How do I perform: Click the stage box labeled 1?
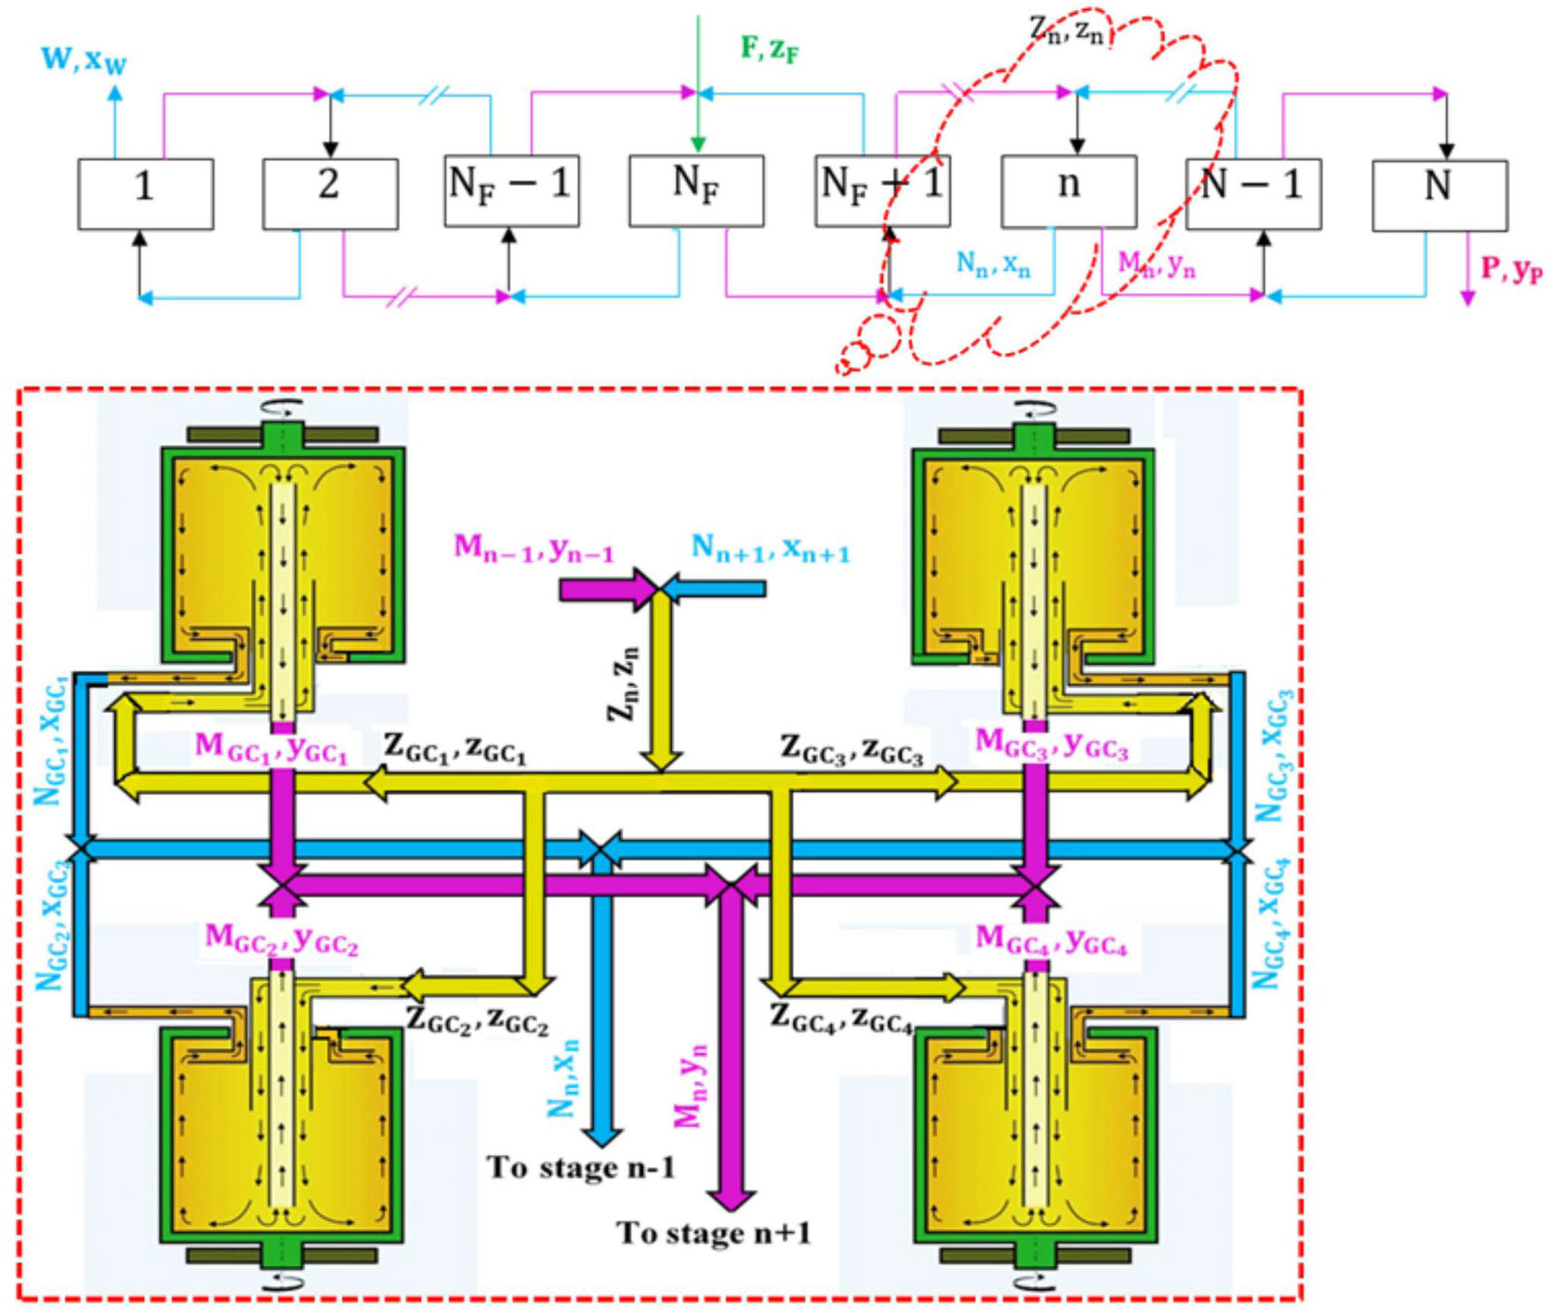pyautogui.click(x=145, y=194)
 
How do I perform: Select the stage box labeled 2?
pyautogui.click(x=330, y=194)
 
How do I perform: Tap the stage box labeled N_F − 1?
pyautogui.click(x=511, y=191)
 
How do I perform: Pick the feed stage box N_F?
pyautogui.click(x=696, y=191)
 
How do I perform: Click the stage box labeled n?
pyautogui.click(x=1068, y=191)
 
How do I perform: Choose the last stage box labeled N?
pyautogui.click(x=1439, y=194)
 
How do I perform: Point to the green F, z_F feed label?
pyautogui.click(x=769, y=50)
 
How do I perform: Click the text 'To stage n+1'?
pyautogui.click(x=714, y=1233)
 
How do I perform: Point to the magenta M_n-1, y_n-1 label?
pyautogui.click(x=533, y=548)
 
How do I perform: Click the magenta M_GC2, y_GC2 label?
pyautogui.click(x=281, y=940)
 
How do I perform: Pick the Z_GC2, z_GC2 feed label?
pyautogui.click(x=478, y=1021)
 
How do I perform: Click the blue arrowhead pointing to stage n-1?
pyautogui.click(x=601, y=1137)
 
